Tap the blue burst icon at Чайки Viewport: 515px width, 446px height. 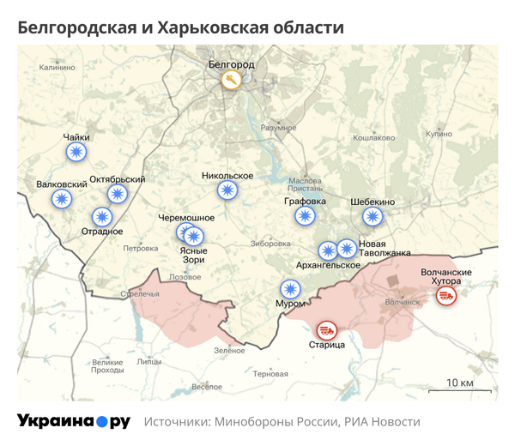click(76, 153)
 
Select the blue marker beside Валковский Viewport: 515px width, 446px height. click(62, 199)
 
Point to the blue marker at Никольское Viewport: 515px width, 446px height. click(227, 190)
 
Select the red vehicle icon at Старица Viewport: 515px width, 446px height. click(326, 328)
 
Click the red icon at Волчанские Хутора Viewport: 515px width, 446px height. click(445, 296)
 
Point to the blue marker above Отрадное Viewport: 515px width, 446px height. click(102, 216)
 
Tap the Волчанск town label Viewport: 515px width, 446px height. click(403, 302)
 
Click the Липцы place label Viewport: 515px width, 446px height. click(149, 362)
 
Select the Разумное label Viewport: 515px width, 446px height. click(278, 128)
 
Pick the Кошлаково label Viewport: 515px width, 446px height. click(373, 137)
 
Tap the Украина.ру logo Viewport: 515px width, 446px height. click(73, 421)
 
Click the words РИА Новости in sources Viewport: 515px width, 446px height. click(382, 422)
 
